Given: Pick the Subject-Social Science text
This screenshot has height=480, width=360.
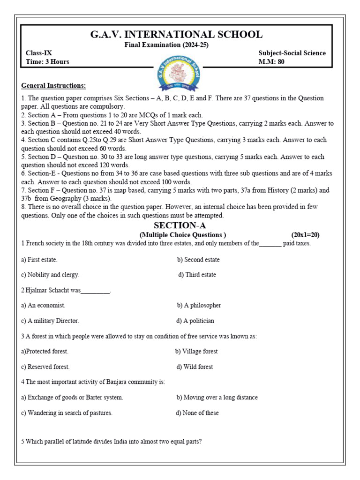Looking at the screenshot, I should click(292, 53).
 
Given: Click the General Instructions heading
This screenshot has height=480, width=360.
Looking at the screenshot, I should click(53, 86).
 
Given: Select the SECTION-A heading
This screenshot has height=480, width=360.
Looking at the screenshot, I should click(180, 225).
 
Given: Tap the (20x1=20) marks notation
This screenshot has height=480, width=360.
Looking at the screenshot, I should click(305, 235).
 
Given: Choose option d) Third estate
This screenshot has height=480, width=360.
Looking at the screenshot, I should click(197, 275).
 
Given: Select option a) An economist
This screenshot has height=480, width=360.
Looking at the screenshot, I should click(43, 305).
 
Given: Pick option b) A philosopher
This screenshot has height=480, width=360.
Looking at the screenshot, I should click(199, 305).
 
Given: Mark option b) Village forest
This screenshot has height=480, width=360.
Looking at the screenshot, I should click(196, 351).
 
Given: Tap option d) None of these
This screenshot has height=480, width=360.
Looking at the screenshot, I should click(197, 413).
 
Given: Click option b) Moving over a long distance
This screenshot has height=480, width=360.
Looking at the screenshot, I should click(217, 397).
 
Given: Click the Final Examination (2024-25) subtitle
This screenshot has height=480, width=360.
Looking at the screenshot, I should click(166, 45).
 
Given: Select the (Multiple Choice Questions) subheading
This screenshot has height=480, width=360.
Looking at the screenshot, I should click(182, 235).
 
